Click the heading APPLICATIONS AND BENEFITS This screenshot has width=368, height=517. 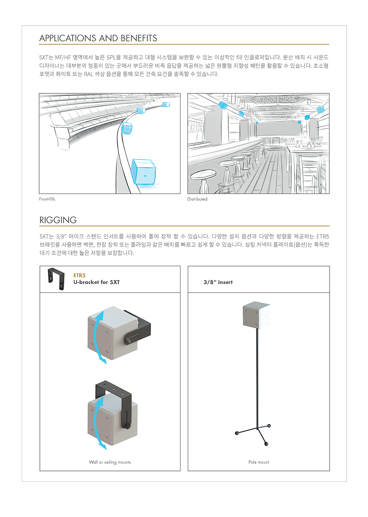tap(98, 38)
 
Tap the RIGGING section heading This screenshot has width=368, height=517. tap(58, 220)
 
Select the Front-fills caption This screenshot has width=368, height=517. tap(47, 199)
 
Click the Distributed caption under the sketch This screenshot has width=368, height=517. tap(197, 199)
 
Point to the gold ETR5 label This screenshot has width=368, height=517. tap(79, 275)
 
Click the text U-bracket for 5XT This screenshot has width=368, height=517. tap(96, 282)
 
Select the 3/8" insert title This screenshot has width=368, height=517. tap(218, 282)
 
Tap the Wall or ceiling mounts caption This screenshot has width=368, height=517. tap(110, 462)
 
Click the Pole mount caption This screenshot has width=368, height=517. tap(259, 462)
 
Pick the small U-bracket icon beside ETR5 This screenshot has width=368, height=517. tap(56, 279)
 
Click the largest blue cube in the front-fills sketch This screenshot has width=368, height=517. tap(143, 171)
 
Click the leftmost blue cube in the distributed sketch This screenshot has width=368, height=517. tap(223, 105)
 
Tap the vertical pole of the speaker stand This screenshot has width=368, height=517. tap(256, 380)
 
